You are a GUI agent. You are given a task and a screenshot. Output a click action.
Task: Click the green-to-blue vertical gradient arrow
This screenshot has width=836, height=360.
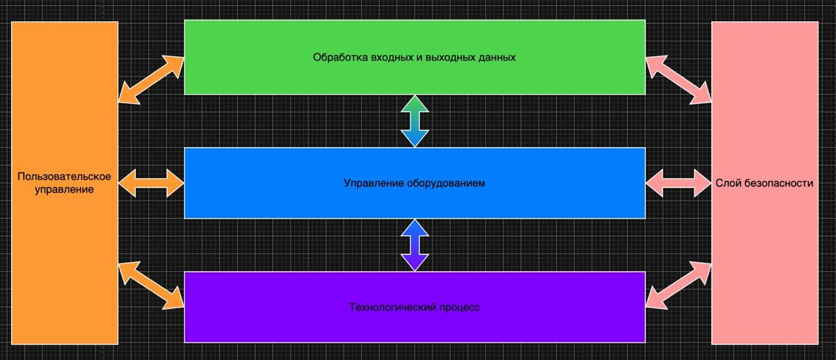[414, 120]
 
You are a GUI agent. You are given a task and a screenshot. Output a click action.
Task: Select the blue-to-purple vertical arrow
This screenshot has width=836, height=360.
[414, 244]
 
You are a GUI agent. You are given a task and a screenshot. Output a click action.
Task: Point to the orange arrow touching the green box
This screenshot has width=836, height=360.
[150, 80]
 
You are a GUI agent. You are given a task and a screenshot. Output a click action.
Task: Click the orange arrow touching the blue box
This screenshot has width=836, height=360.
[151, 183]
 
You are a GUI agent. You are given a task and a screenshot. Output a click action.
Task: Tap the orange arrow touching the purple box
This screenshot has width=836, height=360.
[150, 285]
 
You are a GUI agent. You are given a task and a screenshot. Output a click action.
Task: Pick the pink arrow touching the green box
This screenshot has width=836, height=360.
[679, 80]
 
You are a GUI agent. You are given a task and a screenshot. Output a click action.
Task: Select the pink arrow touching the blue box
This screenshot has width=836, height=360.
[679, 183]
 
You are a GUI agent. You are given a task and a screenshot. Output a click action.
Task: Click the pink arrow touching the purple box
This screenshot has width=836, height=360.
[679, 285]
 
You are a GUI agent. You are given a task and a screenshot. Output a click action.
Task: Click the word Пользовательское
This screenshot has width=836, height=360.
[65, 176]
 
